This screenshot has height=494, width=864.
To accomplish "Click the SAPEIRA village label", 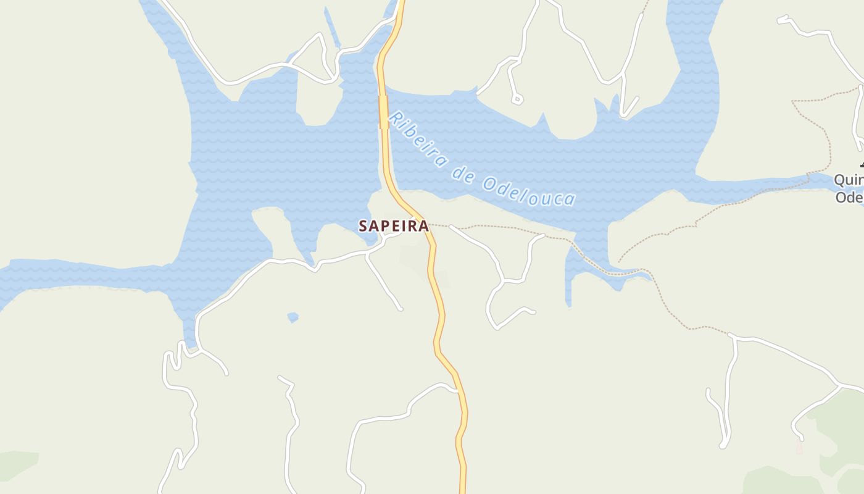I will click(394, 226).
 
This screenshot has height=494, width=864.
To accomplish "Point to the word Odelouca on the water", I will click(530, 191).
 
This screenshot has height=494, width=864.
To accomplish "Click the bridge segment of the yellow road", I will click(383, 112).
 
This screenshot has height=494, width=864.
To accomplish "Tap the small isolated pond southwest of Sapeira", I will click(293, 317).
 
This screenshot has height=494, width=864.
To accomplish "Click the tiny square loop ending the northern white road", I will click(517, 98).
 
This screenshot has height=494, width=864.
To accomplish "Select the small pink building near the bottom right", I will click(799, 447).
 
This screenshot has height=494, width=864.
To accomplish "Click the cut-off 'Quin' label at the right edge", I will click(849, 180).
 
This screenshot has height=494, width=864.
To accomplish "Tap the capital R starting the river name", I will click(396, 119).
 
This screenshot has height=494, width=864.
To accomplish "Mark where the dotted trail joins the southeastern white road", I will click(731, 336).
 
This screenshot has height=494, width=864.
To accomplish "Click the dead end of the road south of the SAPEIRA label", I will click(401, 308).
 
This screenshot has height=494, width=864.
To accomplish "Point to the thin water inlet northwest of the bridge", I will click(331, 28).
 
